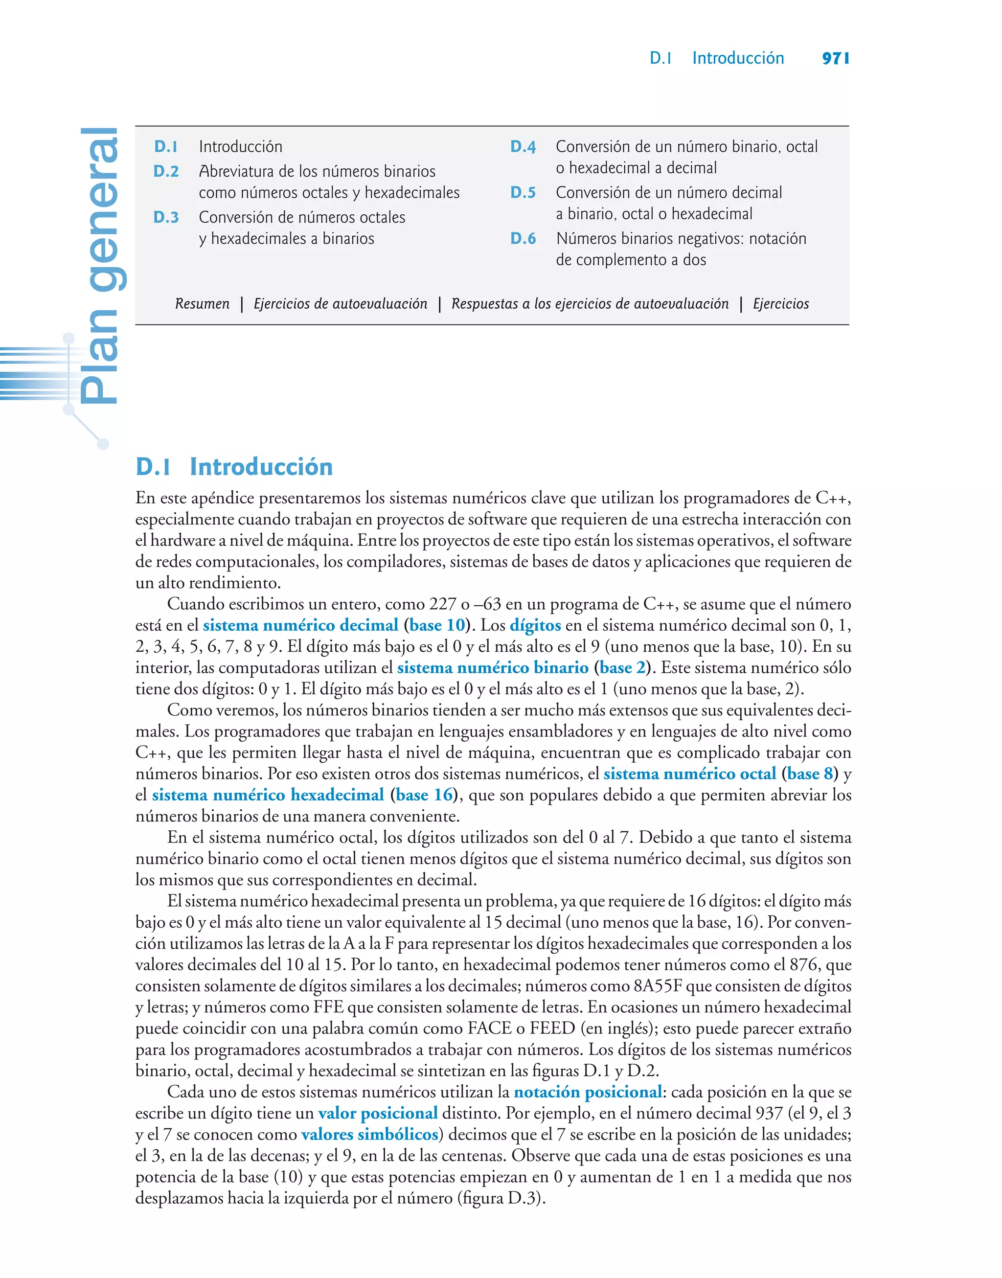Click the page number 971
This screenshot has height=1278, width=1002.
click(x=835, y=58)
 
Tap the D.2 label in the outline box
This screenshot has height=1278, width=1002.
click(x=166, y=171)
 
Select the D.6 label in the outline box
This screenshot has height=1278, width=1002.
click(x=523, y=239)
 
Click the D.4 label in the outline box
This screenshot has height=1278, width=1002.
click(x=523, y=147)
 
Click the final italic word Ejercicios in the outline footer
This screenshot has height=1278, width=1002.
click(x=781, y=304)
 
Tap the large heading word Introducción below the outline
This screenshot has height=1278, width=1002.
click(x=261, y=467)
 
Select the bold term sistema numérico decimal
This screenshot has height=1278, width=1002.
click(x=300, y=625)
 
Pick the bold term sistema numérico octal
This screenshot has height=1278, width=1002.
click(x=689, y=774)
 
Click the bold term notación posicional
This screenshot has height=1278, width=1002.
click(x=588, y=1092)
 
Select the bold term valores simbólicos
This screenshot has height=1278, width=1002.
click(x=369, y=1134)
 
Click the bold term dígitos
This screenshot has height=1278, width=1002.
click(x=535, y=625)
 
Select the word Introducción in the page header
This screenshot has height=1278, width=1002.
click(x=738, y=58)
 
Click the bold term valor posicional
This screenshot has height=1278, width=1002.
click(x=378, y=1113)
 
